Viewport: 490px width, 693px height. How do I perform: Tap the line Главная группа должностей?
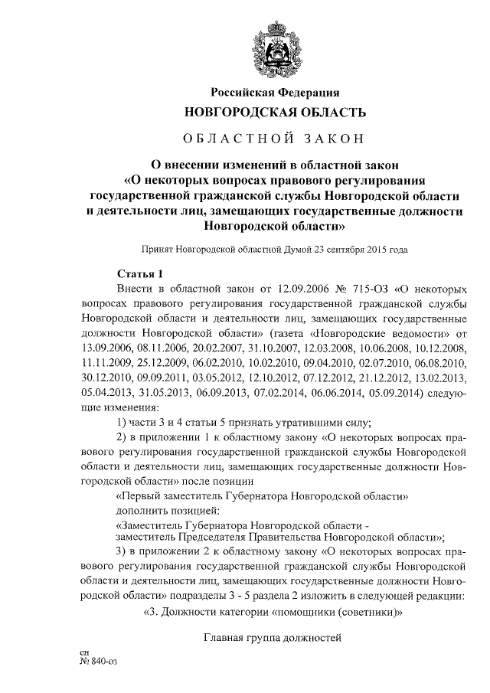coord(271,637)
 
